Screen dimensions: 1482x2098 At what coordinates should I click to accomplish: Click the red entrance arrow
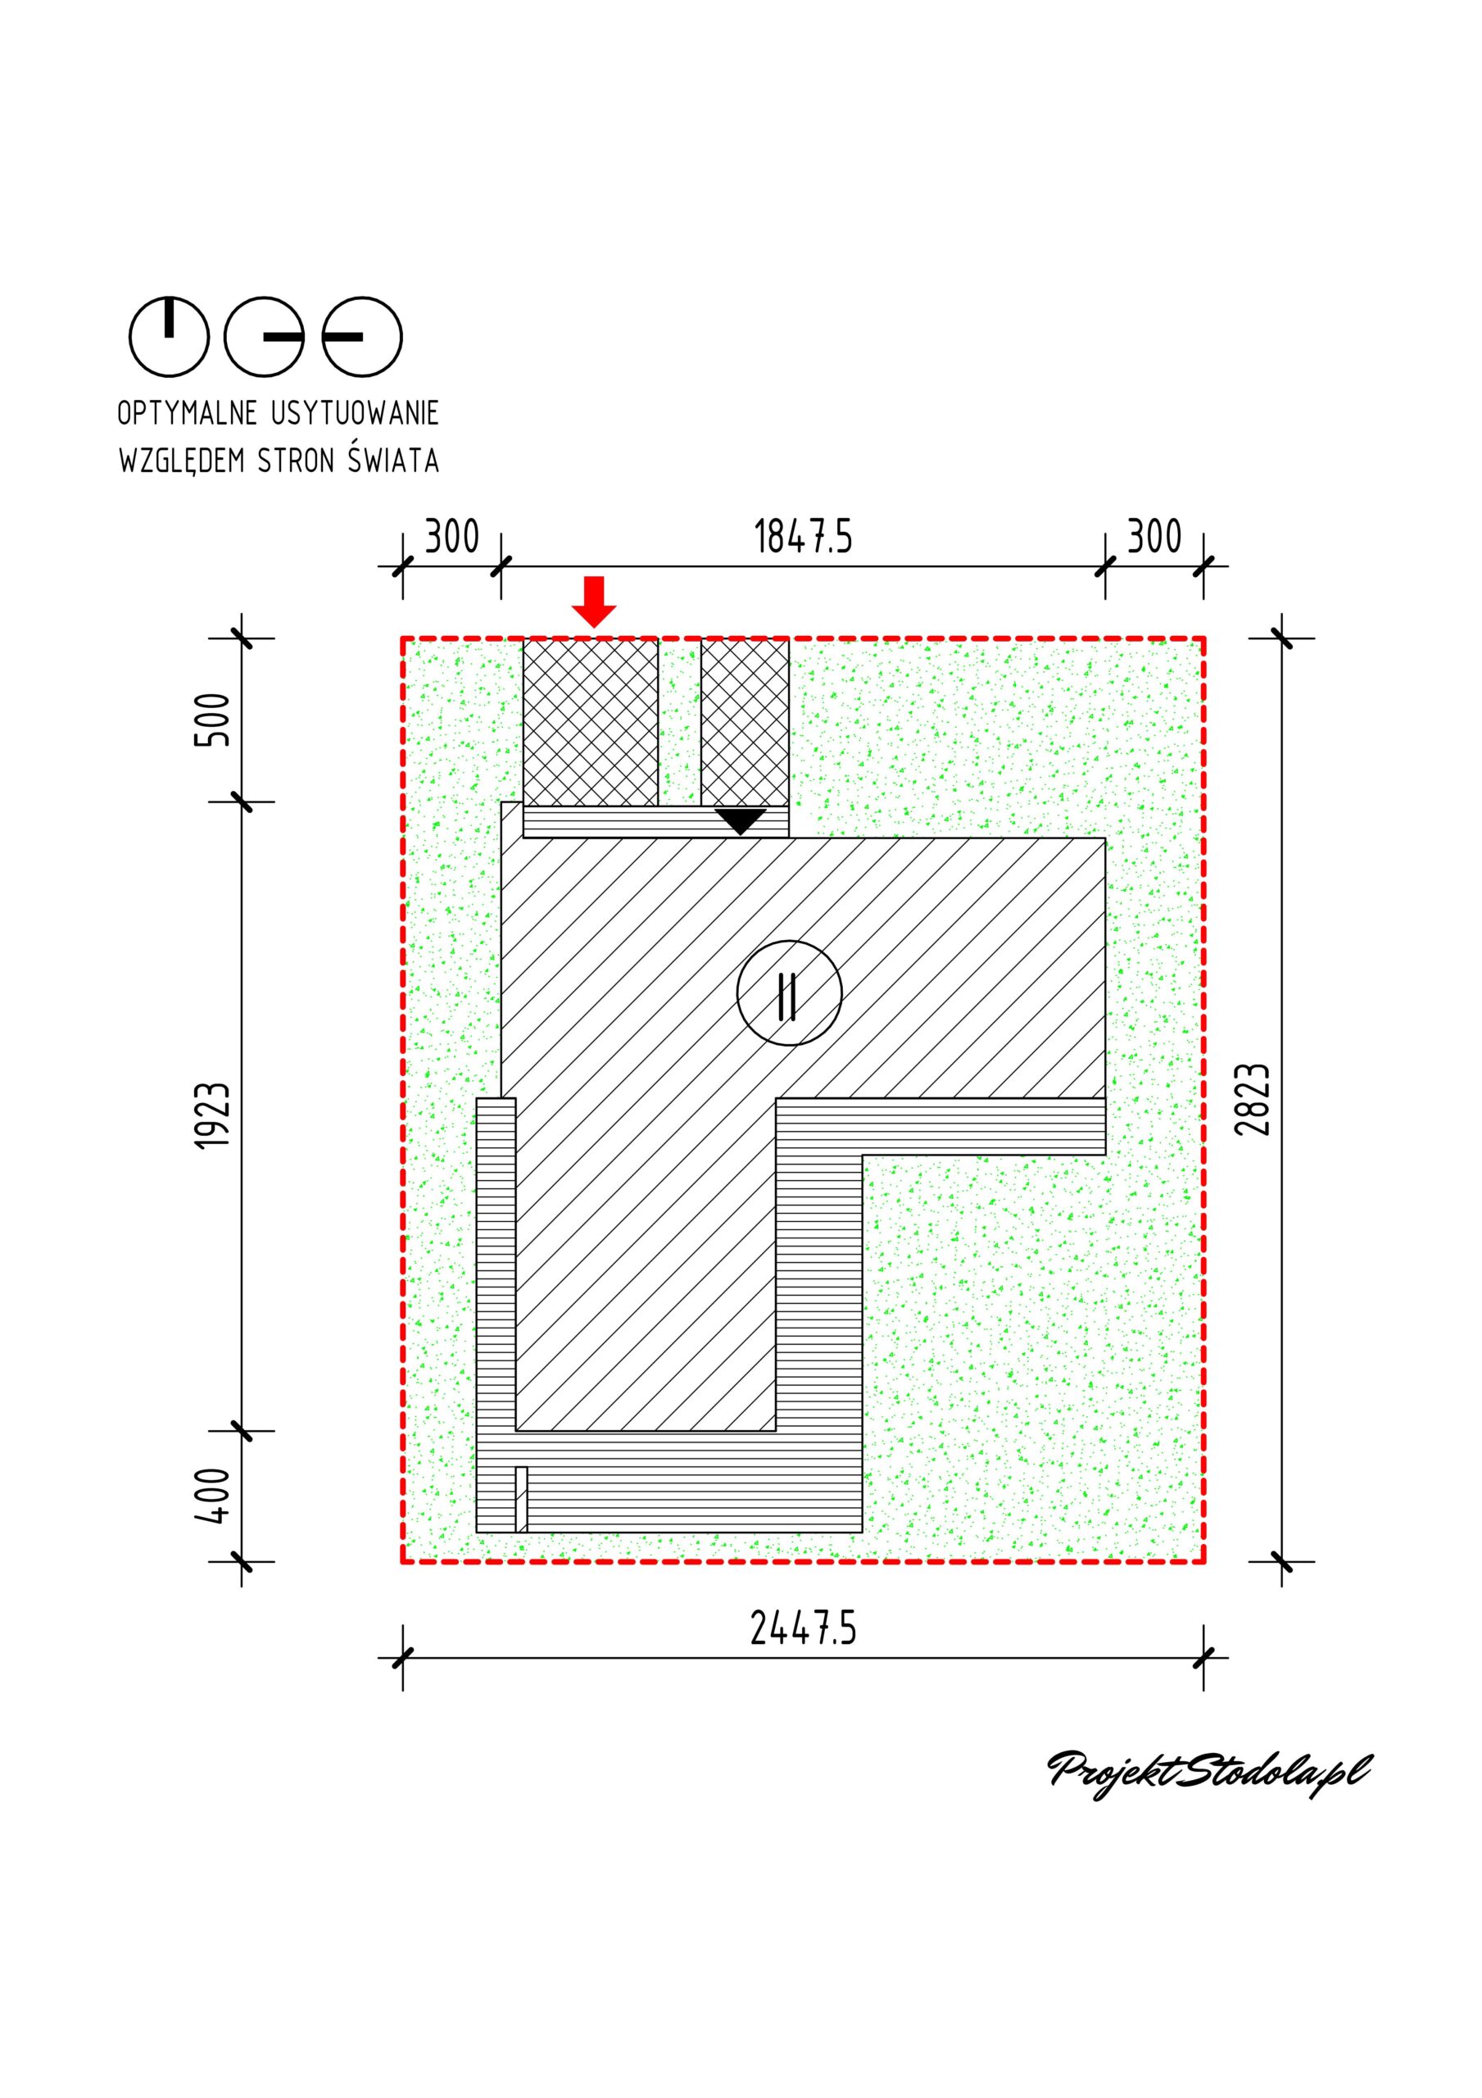(x=594, y=602)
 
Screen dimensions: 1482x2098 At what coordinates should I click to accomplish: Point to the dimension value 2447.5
(x=803, y=1628)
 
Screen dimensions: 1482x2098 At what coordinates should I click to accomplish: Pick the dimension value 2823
(x=1253, y=1099)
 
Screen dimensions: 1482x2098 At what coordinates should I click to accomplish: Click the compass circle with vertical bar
(x=169, y=336)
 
